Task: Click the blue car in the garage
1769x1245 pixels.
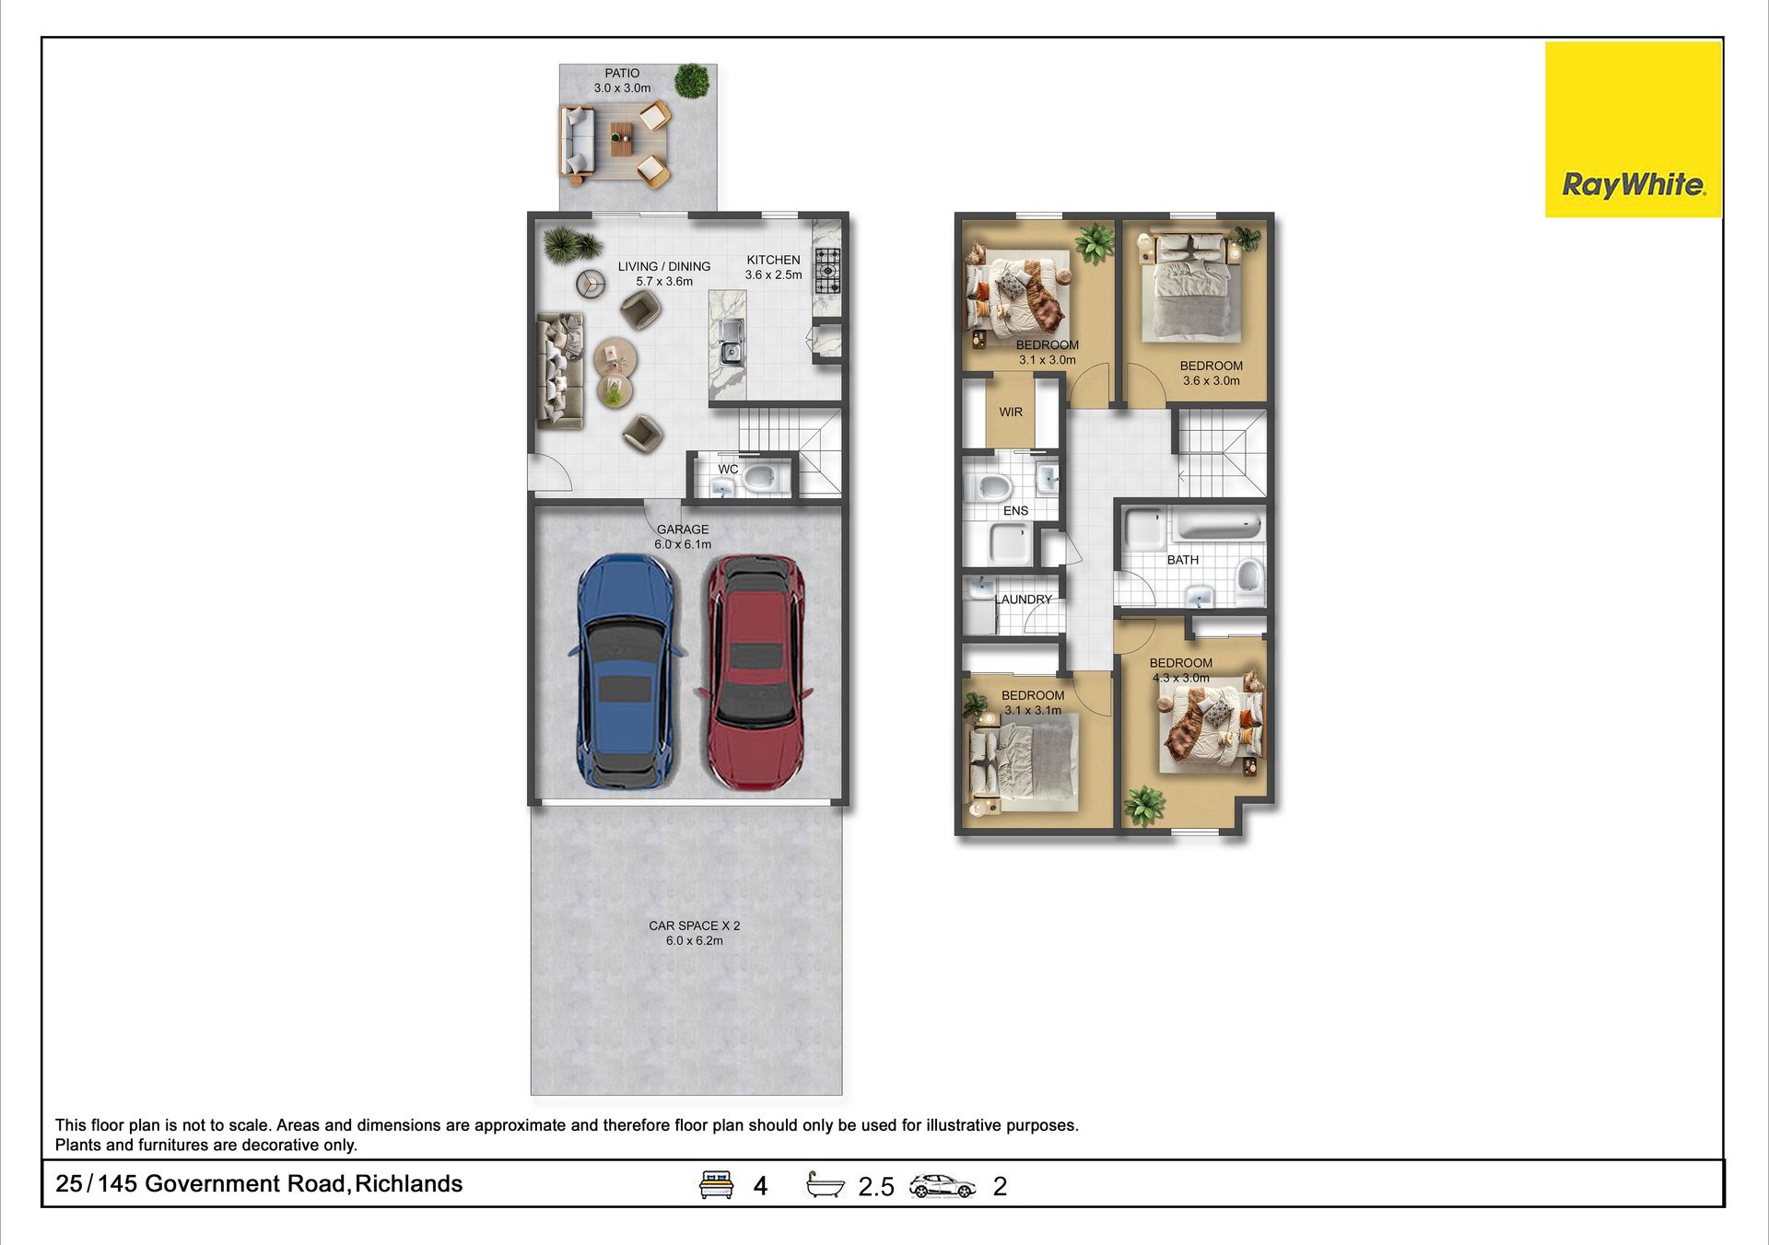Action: pos(627,671)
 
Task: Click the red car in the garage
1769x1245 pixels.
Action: pos(755,672)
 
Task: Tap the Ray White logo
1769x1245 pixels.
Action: pos(1634,130)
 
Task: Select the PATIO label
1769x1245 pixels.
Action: pos(622,74)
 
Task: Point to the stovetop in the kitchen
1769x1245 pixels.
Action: pos(827,271)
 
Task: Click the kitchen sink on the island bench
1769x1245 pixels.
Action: pos(732,342)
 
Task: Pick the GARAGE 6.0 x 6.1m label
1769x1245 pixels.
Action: pos(683,537)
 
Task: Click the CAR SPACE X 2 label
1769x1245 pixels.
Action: pos(694,926)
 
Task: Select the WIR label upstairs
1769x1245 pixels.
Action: pos(1011,413)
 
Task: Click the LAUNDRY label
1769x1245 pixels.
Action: pos(1023,599)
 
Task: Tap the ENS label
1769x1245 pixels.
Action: pos(1015,511)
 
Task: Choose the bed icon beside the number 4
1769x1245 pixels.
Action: pos(716,1184)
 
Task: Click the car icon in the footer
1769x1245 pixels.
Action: pos(942,1186)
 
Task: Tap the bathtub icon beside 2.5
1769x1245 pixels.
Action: pos(825,1184)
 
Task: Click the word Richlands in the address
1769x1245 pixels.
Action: pos(408,1184)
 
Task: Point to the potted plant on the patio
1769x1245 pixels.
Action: pos(692,81)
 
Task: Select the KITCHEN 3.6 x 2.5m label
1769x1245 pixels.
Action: pos(773,268)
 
